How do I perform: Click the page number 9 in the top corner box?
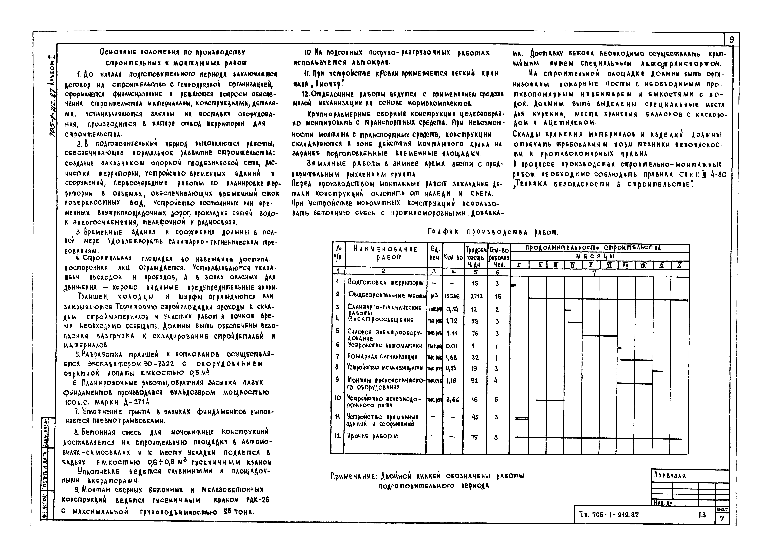[731, 40]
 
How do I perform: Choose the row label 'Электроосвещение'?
[381, 320]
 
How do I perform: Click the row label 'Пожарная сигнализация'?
[382, 357]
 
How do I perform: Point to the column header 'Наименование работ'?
[386, 253]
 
